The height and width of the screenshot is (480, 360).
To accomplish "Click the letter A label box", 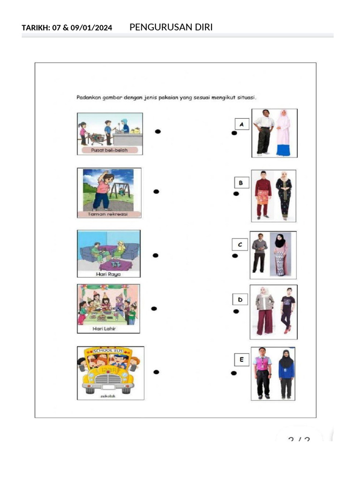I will pyautogui.click(x=241, y=124).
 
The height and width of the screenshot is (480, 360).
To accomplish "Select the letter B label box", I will pyautogui.click(x=240, y=182).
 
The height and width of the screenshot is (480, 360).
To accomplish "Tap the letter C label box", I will pyautogui.click(x=240, y=244).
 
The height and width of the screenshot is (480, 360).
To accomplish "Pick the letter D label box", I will pyautogui.click(x=240, y=300).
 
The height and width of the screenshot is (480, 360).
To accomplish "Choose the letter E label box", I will pyautogui.click(x=241, y=360).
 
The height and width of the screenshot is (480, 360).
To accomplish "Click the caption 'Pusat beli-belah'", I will pyautogui.click(x=110, y=150).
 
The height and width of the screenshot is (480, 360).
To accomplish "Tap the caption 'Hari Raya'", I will pyautogui.click(x=108, y=274).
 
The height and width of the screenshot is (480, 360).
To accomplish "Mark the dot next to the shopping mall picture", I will pyautogui.click(x=158, y=132).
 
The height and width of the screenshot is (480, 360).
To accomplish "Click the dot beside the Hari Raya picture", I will pyautogui.click(x=156, y=255).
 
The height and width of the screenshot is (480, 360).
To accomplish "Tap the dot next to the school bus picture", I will pyautogui.click(x=157, y=372).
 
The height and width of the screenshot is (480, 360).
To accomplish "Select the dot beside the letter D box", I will pyautogui.click(x=236, y=311).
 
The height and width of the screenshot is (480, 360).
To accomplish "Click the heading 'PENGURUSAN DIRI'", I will pyautogui.click(x=171, y=27).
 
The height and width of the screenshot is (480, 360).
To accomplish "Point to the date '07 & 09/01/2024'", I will pyautogui.click(x=82, y=28).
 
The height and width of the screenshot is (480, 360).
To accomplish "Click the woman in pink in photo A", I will pyautogui.click(x=283, y=133).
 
